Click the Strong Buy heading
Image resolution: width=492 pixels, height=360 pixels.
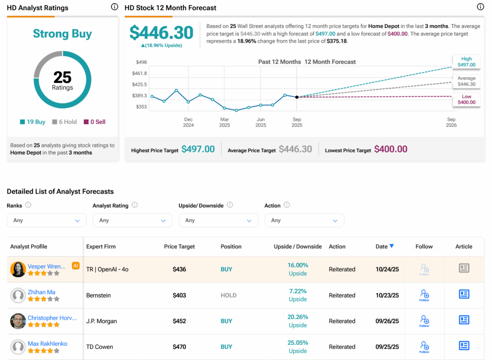[x=62, y=34]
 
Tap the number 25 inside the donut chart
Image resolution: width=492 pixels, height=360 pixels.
[x=62, y=77]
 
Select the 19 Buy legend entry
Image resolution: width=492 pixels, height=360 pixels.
[x=33, y=122]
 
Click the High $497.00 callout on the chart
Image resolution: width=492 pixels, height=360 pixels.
[x=466, y=61]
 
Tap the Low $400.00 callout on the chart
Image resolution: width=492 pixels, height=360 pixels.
[x=466, y=99]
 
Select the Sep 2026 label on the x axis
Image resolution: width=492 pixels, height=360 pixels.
[x=451, y=122]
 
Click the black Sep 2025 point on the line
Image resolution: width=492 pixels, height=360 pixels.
[x=296, y=97]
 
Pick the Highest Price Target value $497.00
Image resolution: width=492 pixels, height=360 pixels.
[x=198, y=149]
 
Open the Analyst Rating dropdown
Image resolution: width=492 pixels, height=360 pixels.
[x=132, y=220]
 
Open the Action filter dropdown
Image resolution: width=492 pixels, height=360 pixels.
[x=304, y=220]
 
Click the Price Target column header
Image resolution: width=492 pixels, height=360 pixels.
[x=179, y=247]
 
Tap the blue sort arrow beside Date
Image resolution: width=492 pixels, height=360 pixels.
[x=392, y=246]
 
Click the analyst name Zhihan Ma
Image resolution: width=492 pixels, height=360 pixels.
[x=41, y=292]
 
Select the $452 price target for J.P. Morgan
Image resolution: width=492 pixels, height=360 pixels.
[x=179, y=321]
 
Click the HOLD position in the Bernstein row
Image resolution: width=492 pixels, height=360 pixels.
[x=228, y=295]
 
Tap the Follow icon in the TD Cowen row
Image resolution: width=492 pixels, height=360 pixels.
[x=424, y=346]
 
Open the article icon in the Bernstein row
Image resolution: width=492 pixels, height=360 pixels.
[x=464, y=294]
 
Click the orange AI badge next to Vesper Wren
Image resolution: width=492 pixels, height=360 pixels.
[x=75, y=265]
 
